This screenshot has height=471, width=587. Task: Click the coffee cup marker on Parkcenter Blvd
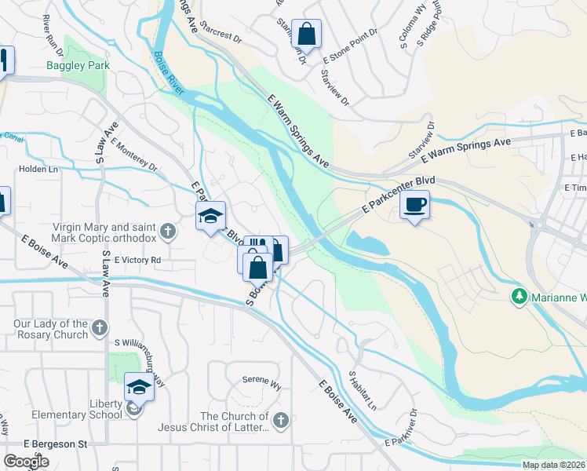point(414,206)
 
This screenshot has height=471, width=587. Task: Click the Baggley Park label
point(78,66)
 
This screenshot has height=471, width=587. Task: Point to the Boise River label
point(170,75)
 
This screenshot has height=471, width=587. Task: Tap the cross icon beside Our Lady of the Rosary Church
point(99,327)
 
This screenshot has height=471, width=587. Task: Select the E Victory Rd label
point(137,260)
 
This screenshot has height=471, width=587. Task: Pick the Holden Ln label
point(38,169)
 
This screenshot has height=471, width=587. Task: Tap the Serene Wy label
point(261,385)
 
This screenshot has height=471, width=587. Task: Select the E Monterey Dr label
point(134,155)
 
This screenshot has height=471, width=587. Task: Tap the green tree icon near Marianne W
point(518,297)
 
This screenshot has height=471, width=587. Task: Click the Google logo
point(26,462)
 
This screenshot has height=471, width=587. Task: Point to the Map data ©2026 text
point(553,465)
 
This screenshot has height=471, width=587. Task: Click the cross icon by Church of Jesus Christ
point(281,420)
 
